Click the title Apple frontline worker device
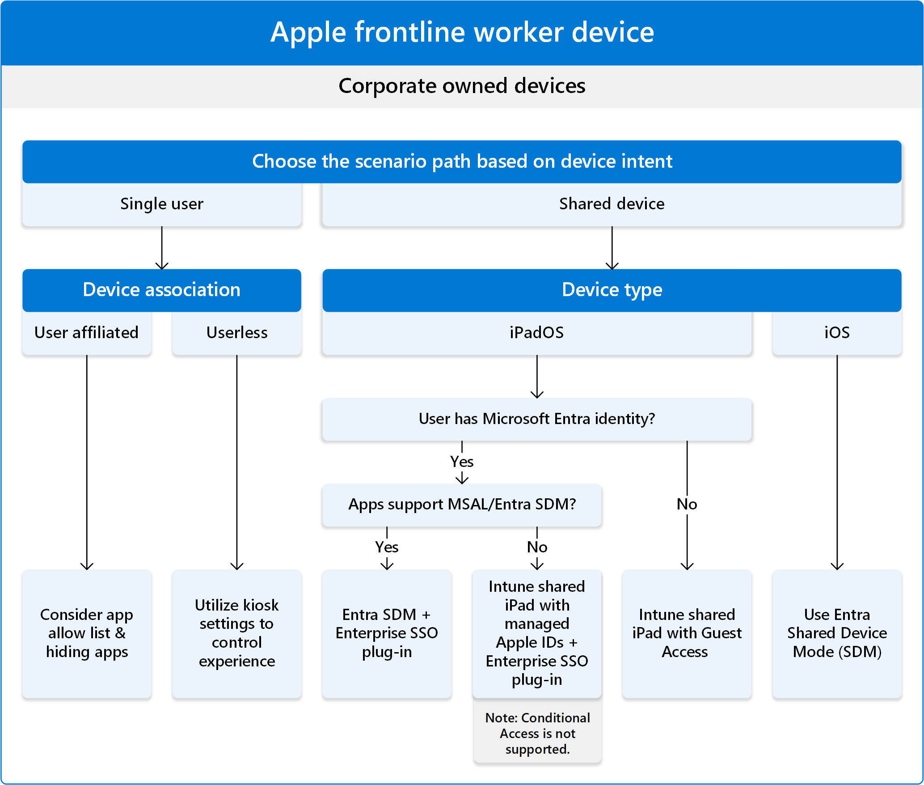click(x=462, y=32)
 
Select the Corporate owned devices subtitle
click(x=462, y=86)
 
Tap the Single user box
click(x=161, y=204)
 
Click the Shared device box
click(x=612, y=204)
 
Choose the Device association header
click(x=161, y=290)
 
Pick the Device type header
click(x=612, y=290)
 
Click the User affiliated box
click(x=86, y=333)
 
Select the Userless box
click(x=236, y=333)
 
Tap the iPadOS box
click(x=536, y=333)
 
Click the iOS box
click(x=836, y=333)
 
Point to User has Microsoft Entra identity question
click(x=536, y=419)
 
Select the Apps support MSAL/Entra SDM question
click(x=462, y=505)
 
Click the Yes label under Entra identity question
click(x=462, y=462)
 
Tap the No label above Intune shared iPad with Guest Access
click(x=687, y=505)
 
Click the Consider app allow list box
click(x=86, y=633)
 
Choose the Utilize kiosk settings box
click(x=236, y=633)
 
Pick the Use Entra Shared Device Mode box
click(x=836, y=633)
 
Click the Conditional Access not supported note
click(x=537, y=733)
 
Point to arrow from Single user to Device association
click(x=161, y=248)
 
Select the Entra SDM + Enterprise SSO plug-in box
click(x=387, y=633)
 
